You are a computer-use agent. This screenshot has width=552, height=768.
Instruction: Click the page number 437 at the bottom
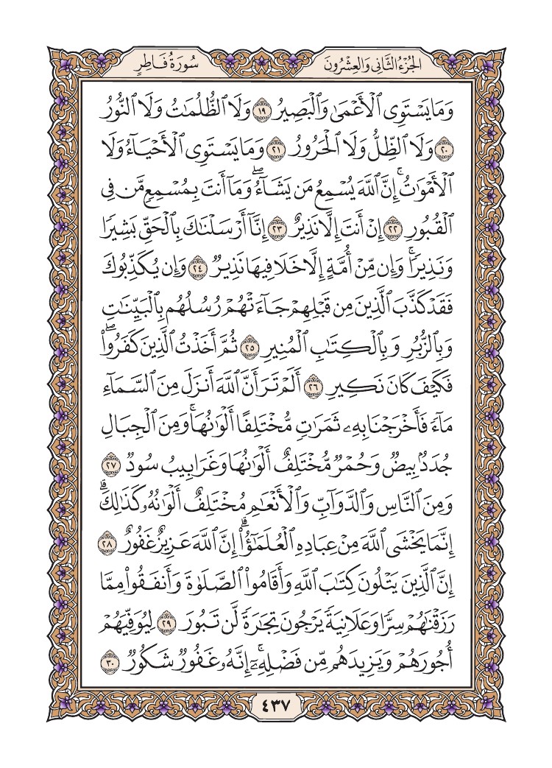point(276,714)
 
